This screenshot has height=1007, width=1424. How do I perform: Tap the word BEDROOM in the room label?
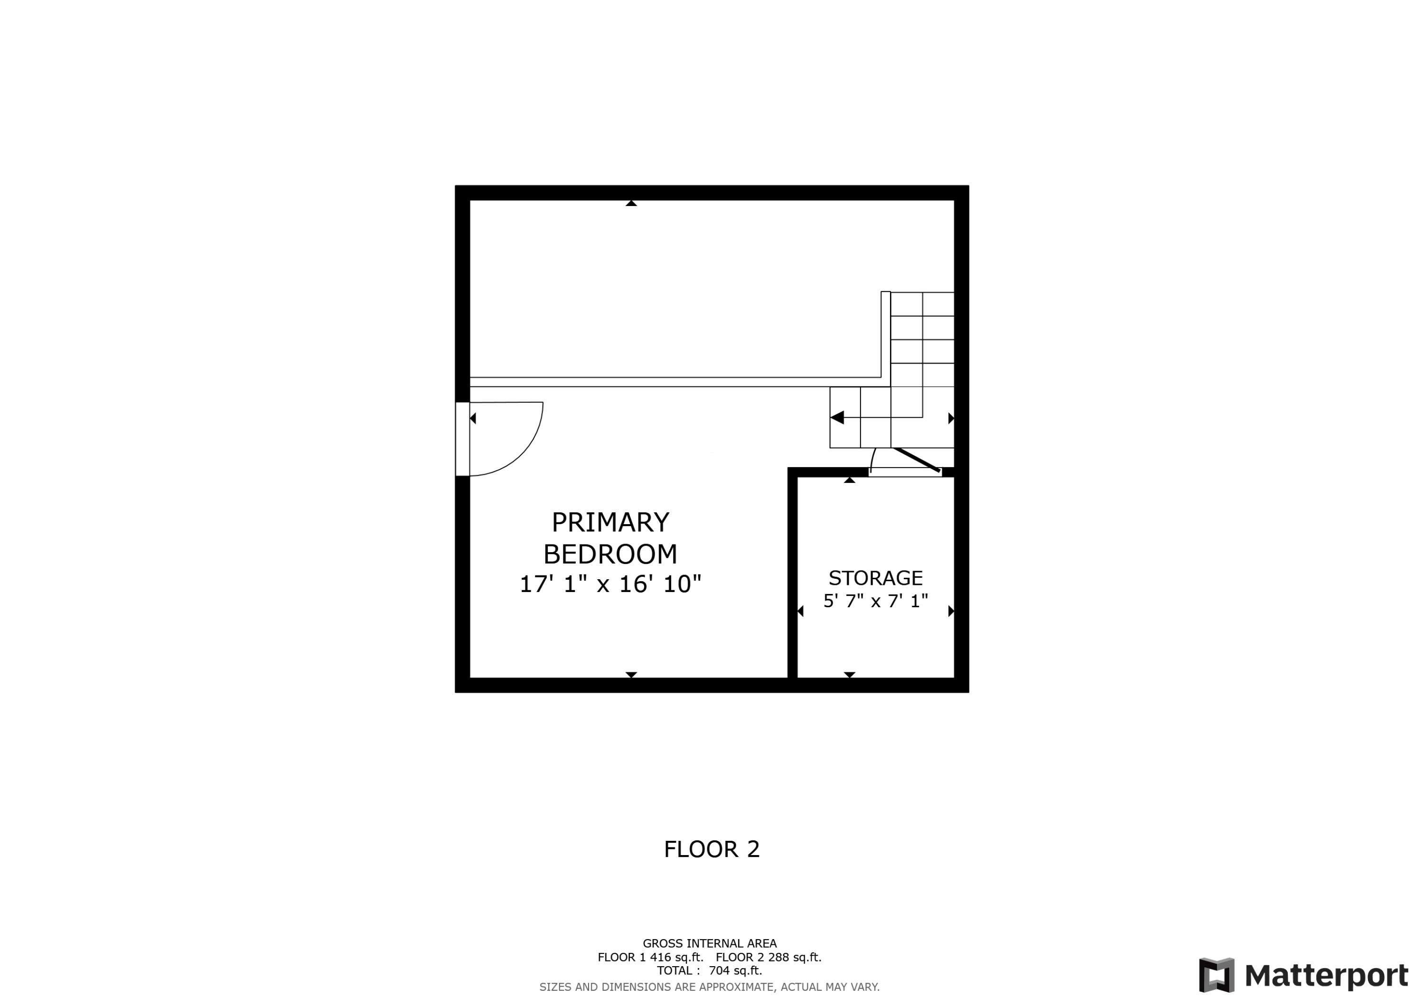coord(610,554)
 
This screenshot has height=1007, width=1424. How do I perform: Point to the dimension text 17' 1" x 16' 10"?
coord(610,584)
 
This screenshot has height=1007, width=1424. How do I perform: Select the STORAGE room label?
coord(875,578)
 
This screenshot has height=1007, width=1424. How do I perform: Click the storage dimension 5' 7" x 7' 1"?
coord(875,601)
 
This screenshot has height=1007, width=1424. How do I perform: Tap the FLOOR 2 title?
coord(712,849)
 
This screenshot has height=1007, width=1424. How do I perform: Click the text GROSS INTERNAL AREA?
coord(710,944)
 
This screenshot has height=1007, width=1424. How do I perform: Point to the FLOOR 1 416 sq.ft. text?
coord(650,957)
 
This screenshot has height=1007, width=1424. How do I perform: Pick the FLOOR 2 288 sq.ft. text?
coord(768,957)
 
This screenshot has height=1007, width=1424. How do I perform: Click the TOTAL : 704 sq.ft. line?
coord(710,971)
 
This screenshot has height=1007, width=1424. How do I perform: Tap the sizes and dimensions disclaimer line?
coord(710,987)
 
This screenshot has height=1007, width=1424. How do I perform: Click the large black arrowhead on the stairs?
coord(837,418)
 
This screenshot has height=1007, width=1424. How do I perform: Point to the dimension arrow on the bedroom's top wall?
coord(631,203)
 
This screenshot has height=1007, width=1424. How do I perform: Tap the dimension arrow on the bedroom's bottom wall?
coord(631,675)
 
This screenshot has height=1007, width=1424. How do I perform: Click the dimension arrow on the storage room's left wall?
coord(800,611)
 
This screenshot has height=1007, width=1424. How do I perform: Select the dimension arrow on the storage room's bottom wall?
coord(849,675)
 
